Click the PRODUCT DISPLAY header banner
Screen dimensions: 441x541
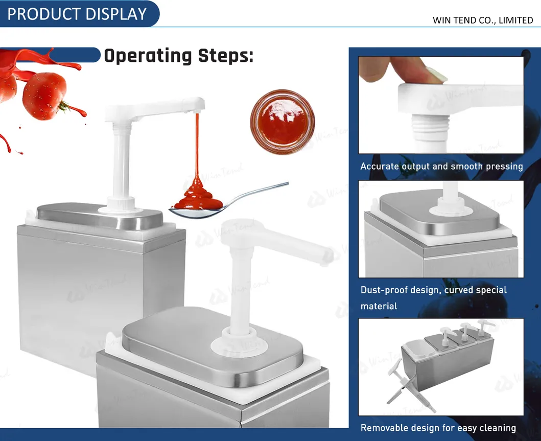click(x=77, y=14)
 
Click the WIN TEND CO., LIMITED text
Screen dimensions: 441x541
click(x=482, y=20)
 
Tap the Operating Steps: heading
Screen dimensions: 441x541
click(x=178, y=56)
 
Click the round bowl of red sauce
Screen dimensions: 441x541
click(x=282, y=122)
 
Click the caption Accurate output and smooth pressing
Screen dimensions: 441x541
click(x=441, y=166)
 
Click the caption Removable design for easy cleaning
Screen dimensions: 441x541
click(x=438, y=428)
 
